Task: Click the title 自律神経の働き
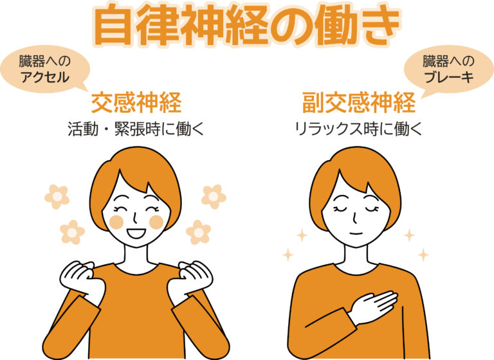click(x=247, y=26)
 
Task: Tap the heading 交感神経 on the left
click(x=136, y=103)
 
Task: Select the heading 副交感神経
click(x=359, y=103)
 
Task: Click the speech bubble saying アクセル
click(x=45, y=69)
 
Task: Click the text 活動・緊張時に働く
click(x=136, y=129)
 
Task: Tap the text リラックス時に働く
click(x=358, y=129)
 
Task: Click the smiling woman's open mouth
click(x=136, y=233)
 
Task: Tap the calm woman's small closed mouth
click(x=356, y=233)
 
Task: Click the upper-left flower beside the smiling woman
click(x=57, y=197)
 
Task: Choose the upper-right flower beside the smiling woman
click(x=214, y=197)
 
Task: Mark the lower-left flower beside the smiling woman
click(x=73, y=233)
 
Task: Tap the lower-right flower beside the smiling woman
click(x=198, y=233)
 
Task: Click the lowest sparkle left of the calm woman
click(x=288, y=255)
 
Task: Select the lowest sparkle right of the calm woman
click(x=423, y=255)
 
